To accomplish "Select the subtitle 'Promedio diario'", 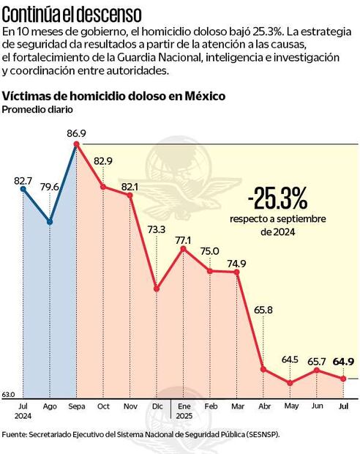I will point(37,110).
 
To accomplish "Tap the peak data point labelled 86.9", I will point(76,144).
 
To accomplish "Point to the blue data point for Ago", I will point(50,221).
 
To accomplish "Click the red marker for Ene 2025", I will point(183,249).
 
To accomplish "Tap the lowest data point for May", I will point(290,383).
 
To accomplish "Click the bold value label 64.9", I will point(343,361).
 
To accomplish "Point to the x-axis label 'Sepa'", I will point(76,406).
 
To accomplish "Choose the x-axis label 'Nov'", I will point(130,406).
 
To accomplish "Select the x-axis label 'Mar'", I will point(237,406).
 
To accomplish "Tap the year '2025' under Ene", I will point(184,415).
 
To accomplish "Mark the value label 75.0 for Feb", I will point(210,251).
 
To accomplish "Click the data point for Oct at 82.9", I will point(103,187).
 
